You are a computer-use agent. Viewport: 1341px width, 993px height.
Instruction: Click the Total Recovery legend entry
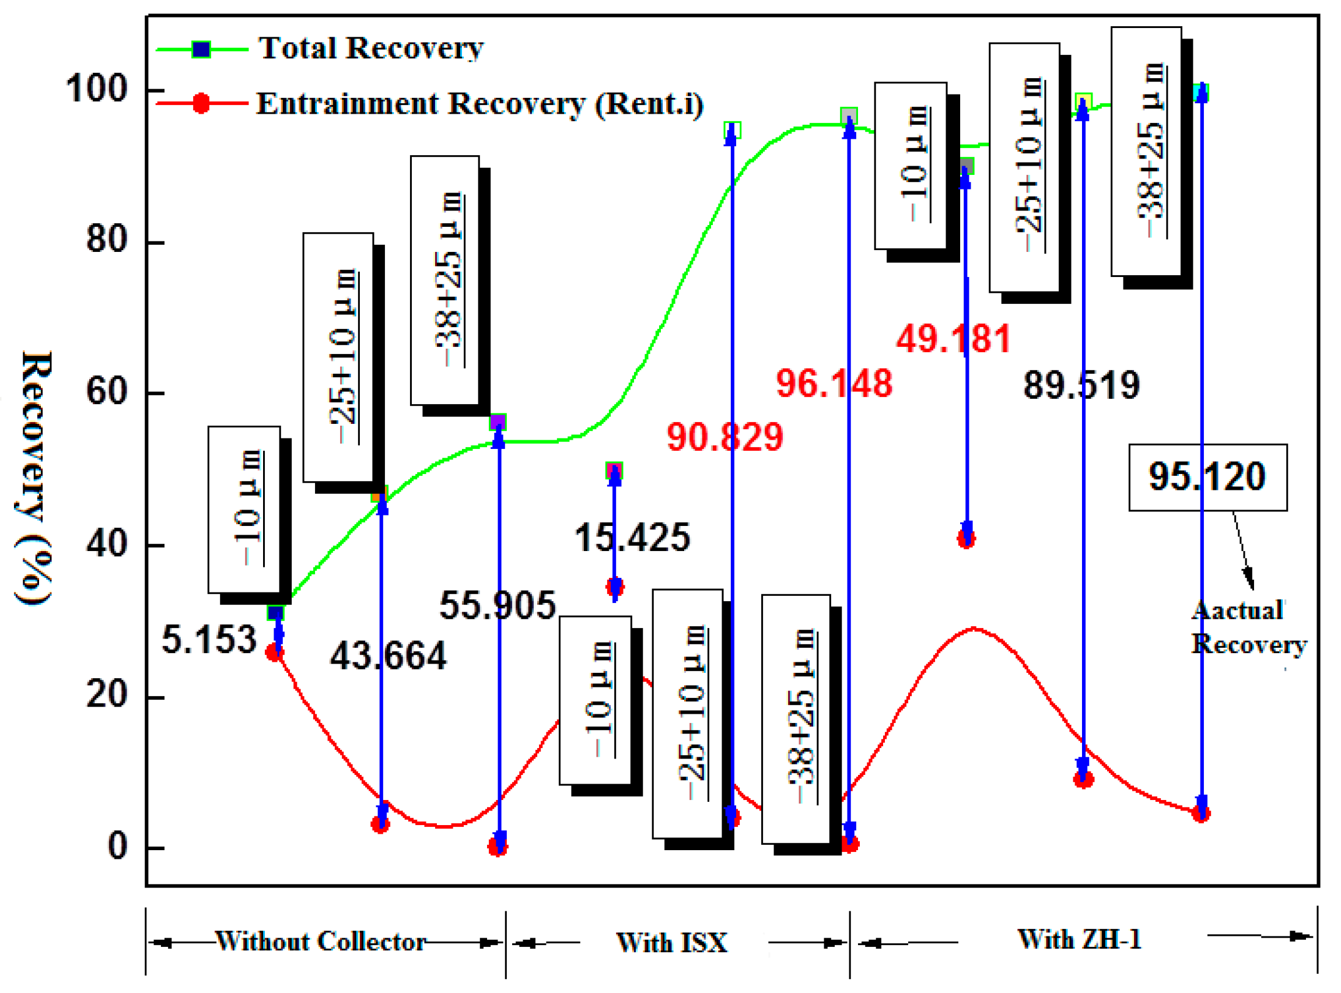coord(370,48)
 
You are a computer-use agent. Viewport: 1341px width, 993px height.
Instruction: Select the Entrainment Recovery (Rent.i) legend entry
coord(479,104)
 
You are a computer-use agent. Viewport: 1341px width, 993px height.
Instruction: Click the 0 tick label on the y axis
coord(118,846)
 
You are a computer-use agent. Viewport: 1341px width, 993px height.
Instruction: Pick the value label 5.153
coord(209,640)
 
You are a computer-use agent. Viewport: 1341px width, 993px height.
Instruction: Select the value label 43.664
coord(388,656)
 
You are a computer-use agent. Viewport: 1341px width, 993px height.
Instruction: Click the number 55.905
coord(498,605)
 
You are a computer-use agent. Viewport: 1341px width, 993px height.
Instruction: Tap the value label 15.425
coord(632,538)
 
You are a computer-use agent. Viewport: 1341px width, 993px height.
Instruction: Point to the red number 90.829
coord(724,437)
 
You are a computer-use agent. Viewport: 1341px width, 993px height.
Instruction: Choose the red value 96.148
coord(834,384)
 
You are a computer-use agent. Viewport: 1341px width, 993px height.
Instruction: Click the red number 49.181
coord(953,339)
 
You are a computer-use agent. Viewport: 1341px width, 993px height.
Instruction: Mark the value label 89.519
coord(1081,385)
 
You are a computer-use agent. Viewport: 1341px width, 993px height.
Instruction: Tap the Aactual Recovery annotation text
coord(1248,627)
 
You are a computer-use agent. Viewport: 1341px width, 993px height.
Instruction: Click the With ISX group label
coord(672,942)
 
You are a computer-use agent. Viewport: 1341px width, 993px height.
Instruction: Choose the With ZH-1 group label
coord(1079,939)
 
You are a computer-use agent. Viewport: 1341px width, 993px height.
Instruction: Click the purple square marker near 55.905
coord(498,422)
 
